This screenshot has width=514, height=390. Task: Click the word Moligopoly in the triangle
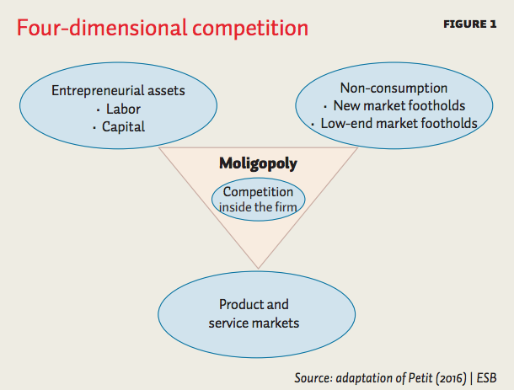coord(258,163)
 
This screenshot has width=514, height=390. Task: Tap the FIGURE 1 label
coord(469,24)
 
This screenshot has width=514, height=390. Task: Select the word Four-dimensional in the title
coord(102,28)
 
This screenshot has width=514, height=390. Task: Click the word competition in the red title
coord(250,29)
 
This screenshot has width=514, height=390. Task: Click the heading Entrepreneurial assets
coord(118,91)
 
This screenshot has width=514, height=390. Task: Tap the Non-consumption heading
coord(394,88)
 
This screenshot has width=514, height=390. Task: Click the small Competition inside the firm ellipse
coord(259,200)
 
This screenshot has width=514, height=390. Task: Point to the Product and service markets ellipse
coord(257,314)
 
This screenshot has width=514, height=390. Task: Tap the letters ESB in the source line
coord(486,378)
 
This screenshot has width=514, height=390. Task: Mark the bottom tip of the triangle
coord(259,269)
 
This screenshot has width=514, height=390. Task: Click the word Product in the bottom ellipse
coord(240,304)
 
